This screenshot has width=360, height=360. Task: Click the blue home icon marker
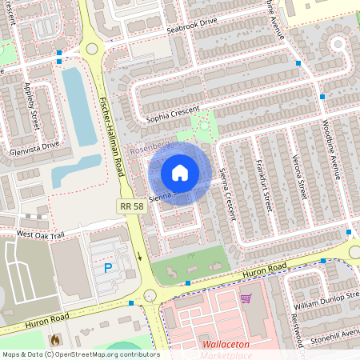tap(180, 173)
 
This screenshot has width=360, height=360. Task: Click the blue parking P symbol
tap(108, 268)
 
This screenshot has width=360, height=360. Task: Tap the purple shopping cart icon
tap(246, 298)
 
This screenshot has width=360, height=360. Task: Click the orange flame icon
tap(55, 340)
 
